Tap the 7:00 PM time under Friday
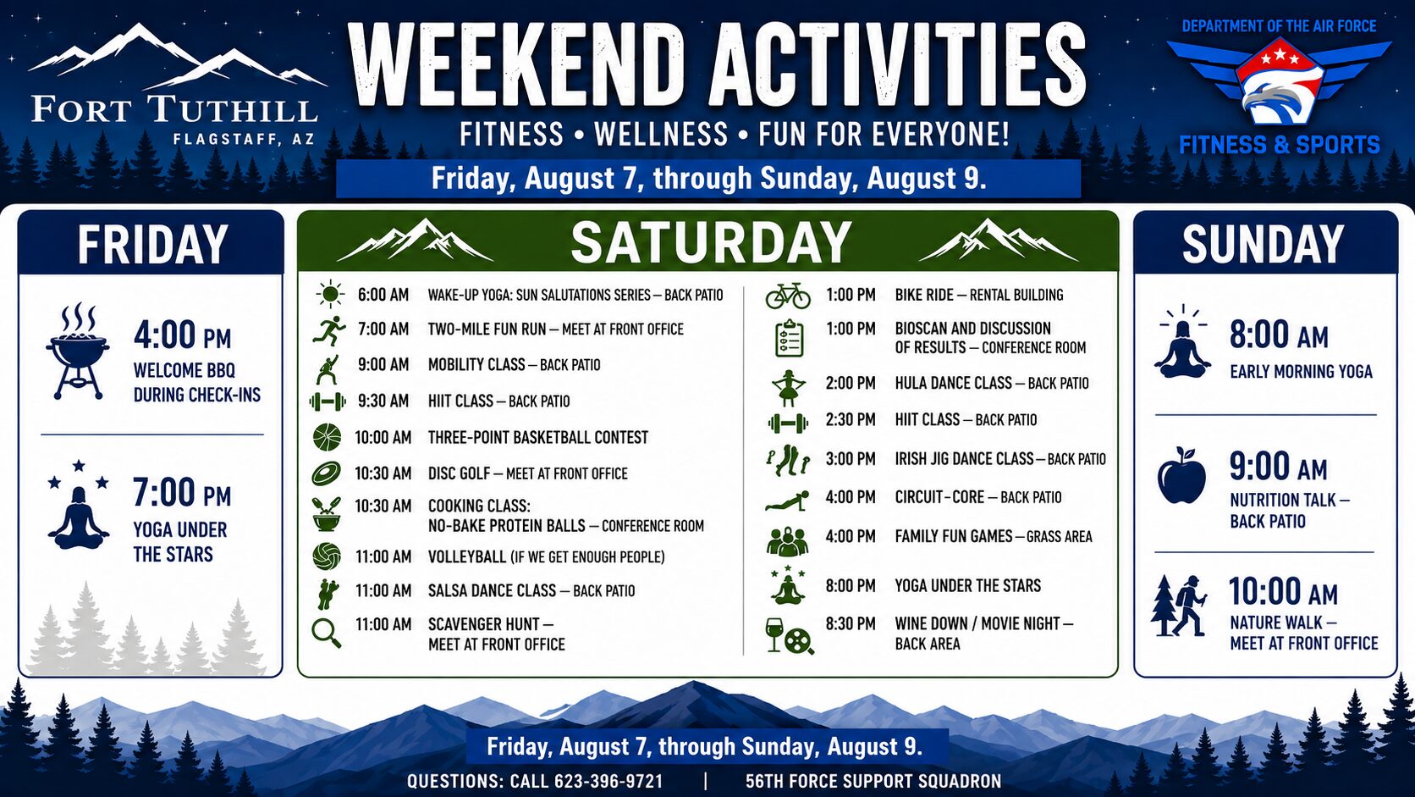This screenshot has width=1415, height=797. pyautogui.click(x=182, y=493)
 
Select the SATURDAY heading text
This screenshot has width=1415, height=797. pyautogui.click(x=711, y=243)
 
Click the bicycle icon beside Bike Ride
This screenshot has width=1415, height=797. pyautogui.click(x=788, y=295)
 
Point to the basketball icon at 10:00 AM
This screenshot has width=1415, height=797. pyautogui.click(x=327, y=437)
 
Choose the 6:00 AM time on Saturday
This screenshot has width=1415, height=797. pyautogui.click(x=383, y=295)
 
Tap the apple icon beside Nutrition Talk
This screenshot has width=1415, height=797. pyautogui.click(x=1181, y=475)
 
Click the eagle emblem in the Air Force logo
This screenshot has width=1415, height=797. pyautogui.click(x=1280, y=95)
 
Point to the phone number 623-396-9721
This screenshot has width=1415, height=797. pyautogui.click(x=608, y=781)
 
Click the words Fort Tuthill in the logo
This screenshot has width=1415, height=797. pyautogui.click(x=174, y=109)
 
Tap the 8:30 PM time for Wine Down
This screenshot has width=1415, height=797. pyautogui.click(x=851, y=624)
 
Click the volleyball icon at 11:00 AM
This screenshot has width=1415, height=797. pyautogui.click(x=327, y=556)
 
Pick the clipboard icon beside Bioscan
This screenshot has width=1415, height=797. pyautogui.click(x=789, y=339)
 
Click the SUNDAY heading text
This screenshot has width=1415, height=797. pyautogui.click(x=1263, y=244)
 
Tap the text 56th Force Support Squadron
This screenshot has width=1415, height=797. pyautogui.click(x=873, y=781)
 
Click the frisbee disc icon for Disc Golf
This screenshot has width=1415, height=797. pyautogui.click(x=327, y=473)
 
